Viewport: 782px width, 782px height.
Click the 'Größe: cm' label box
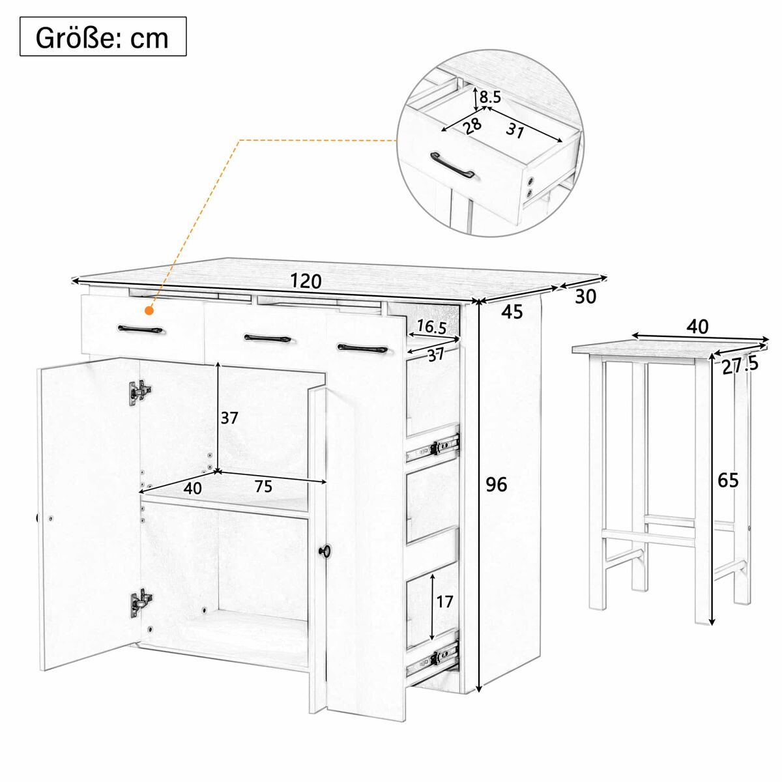click(x=103, y=36)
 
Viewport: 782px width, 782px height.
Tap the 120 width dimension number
click(x=306, y=281)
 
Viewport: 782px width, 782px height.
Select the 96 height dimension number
click(x=497, y=484)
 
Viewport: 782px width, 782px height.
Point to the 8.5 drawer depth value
click(x=490, y=97)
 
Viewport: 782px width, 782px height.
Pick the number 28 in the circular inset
click(x=472, y=125)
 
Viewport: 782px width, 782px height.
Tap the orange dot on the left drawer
click(x=150, y=311)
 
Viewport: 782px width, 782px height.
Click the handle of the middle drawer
click(x=267, y=338)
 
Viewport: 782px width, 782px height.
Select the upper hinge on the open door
click(x=140, y=392)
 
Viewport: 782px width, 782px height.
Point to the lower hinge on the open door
click(x=141, y=603)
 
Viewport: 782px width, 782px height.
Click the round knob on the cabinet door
click(x=324, y=550)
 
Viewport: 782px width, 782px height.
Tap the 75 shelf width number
click(x=264, y=485)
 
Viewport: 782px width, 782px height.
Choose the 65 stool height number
click(x=729, y=480)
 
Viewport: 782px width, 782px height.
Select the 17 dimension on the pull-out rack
click(x=444, y=601)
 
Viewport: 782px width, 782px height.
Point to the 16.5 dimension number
click(x=432, y=327)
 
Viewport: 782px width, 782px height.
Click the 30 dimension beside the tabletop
click(x=586, y=297)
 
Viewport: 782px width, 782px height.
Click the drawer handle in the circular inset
click(x=452, y=165)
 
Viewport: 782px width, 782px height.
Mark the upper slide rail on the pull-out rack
click(x=433, y=447)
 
